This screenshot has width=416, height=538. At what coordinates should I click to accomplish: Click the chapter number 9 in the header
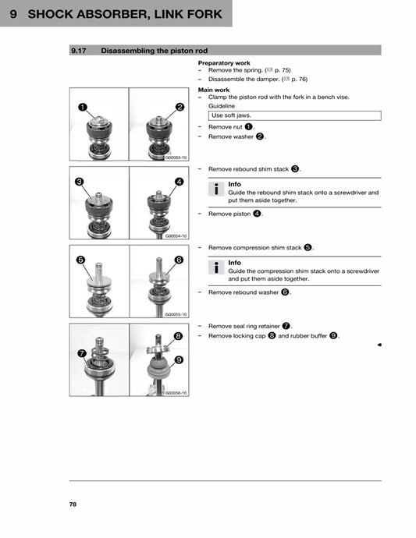click(14, 14)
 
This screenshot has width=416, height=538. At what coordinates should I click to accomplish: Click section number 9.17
click(78, 50)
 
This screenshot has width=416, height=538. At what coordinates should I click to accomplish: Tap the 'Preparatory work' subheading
click(223, 62)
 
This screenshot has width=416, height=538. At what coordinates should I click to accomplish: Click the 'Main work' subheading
click(214, 90)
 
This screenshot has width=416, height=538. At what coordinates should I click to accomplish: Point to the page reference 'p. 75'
click(280, 69)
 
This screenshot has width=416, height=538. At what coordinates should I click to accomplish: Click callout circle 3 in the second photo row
click(80, 181)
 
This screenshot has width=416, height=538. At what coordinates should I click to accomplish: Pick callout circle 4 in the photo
click(180, 182)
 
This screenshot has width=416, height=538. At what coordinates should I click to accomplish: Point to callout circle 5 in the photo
click(80, 259)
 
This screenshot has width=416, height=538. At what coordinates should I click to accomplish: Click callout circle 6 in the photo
click(179, 260)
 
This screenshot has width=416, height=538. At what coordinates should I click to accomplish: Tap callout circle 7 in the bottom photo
click(82, 353)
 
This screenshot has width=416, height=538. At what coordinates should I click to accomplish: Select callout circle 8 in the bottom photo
click(179, 336)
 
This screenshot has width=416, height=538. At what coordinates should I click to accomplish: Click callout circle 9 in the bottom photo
click(179, 359)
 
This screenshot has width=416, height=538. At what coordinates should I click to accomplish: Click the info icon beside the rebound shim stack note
click(216, 189)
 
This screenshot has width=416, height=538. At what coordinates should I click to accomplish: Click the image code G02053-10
click(176, 157)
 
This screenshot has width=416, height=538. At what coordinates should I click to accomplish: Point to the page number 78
click(73, 504)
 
